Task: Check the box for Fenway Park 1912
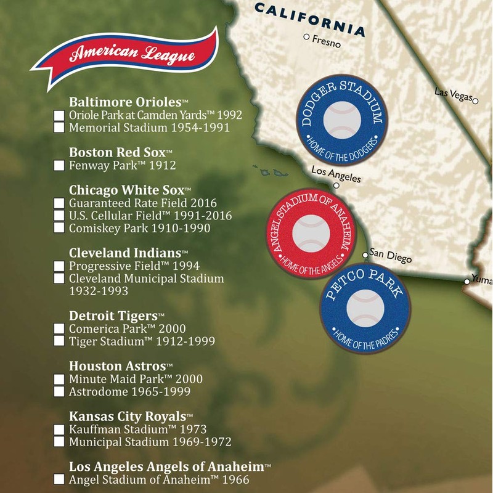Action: tap(59, 165)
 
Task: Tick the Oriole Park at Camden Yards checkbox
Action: tap(59, 115)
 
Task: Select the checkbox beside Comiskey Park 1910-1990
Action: tap(59, 228)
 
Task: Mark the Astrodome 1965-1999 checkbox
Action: tap(59, 391)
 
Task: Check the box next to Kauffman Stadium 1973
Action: tap(59, 430)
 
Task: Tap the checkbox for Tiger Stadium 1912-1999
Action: tap(59, 341)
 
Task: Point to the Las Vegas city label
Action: tap(452, 92)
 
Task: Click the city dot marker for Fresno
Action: tap(306, 38)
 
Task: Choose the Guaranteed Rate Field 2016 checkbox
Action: tap(59, 203)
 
